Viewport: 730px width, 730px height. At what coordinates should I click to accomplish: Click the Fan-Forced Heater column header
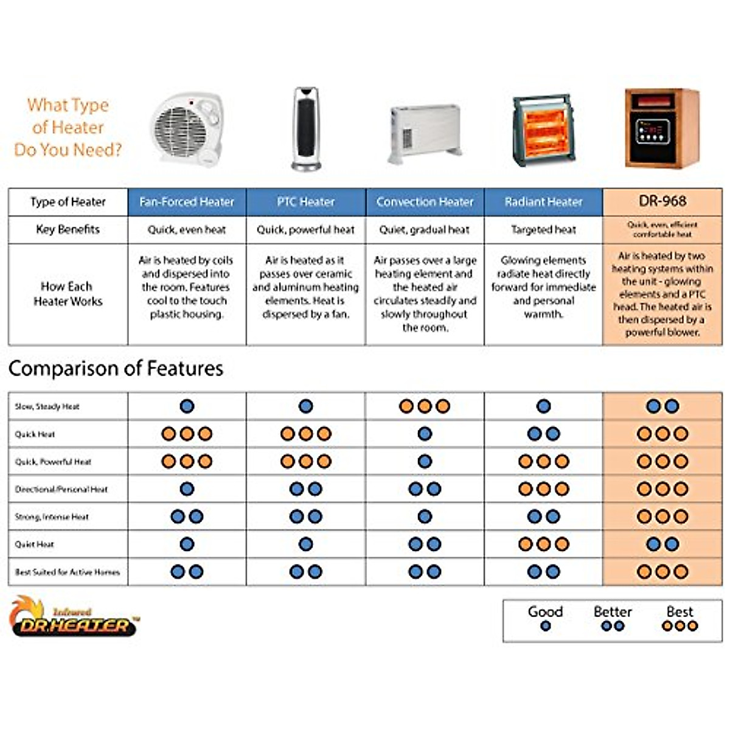(187, 202)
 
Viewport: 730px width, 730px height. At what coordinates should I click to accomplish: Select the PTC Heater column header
(305, 202)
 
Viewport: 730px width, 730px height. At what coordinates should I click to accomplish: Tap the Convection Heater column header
(425, 202)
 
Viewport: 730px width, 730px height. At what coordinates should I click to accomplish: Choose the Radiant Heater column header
(543, 202)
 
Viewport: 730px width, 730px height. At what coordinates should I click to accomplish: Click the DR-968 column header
(662, 201)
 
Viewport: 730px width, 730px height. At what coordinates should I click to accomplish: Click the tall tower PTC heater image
(305, 129)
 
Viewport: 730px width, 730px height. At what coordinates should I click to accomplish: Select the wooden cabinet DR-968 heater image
(662, 128)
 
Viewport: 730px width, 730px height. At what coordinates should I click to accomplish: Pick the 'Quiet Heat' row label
(35, 544)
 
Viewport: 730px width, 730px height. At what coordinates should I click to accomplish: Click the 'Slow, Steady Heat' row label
(47, 406)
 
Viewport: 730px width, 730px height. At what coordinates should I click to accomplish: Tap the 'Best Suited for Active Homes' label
(67, 572)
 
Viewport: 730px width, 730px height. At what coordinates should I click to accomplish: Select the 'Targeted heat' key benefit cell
(543, 230)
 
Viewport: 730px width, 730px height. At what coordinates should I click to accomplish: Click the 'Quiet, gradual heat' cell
(425, 230)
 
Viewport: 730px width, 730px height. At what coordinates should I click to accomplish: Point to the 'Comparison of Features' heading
(116, 369)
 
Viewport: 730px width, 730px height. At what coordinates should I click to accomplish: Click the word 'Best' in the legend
(680, 612)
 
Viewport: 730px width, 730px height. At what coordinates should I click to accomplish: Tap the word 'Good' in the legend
(545, 612)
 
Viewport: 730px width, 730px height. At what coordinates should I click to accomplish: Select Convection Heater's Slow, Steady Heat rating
(425, 406)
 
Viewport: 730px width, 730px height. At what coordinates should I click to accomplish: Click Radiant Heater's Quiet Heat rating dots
(543, 544)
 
